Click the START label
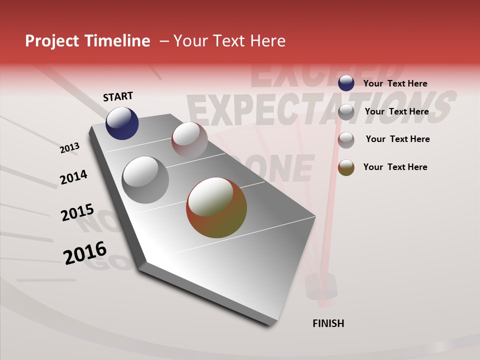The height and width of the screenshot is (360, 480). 118,96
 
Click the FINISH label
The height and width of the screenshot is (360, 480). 328,323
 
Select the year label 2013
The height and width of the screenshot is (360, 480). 69,148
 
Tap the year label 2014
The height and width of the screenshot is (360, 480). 73,177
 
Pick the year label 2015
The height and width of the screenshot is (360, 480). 77,212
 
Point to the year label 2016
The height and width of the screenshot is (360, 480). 85,253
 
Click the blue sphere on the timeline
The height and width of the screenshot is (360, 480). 122,123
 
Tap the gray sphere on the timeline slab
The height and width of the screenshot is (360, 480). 145,179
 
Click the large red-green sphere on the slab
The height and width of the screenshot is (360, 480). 216,207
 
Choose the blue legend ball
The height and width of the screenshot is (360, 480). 346,83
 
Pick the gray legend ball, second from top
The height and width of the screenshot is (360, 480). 346,111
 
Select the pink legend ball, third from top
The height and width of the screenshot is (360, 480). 346,139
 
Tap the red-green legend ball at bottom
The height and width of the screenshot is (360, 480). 346,167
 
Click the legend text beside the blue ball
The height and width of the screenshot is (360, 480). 395,83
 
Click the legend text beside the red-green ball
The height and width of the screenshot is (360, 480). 395,167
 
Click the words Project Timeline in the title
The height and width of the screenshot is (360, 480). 87,41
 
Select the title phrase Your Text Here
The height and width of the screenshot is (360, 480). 229,41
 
